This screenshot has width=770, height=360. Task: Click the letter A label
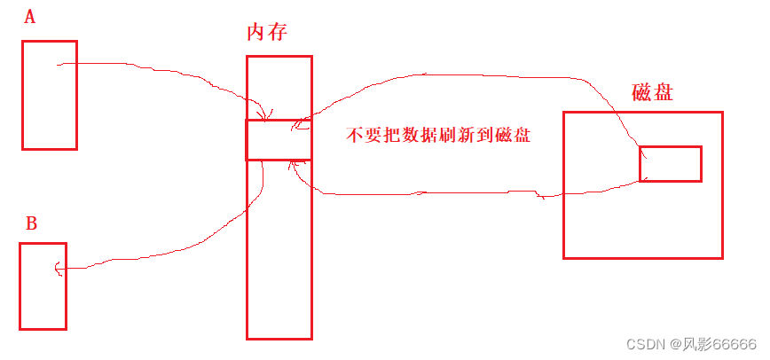(29, 17)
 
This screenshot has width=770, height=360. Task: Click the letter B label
(30, 223)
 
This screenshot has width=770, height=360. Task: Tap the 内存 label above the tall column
(266, 34)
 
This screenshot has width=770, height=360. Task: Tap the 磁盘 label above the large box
(652, 92)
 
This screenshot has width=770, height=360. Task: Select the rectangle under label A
(49, 94)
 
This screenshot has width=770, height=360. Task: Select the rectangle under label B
(43, 286)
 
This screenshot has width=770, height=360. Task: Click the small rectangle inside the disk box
(670, 163)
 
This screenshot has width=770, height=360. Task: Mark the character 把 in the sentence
(393, 136)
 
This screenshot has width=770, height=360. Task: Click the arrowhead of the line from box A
(263, 116)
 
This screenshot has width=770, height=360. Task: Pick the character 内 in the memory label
(255, 34)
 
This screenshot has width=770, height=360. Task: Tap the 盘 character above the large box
(663, 92)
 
